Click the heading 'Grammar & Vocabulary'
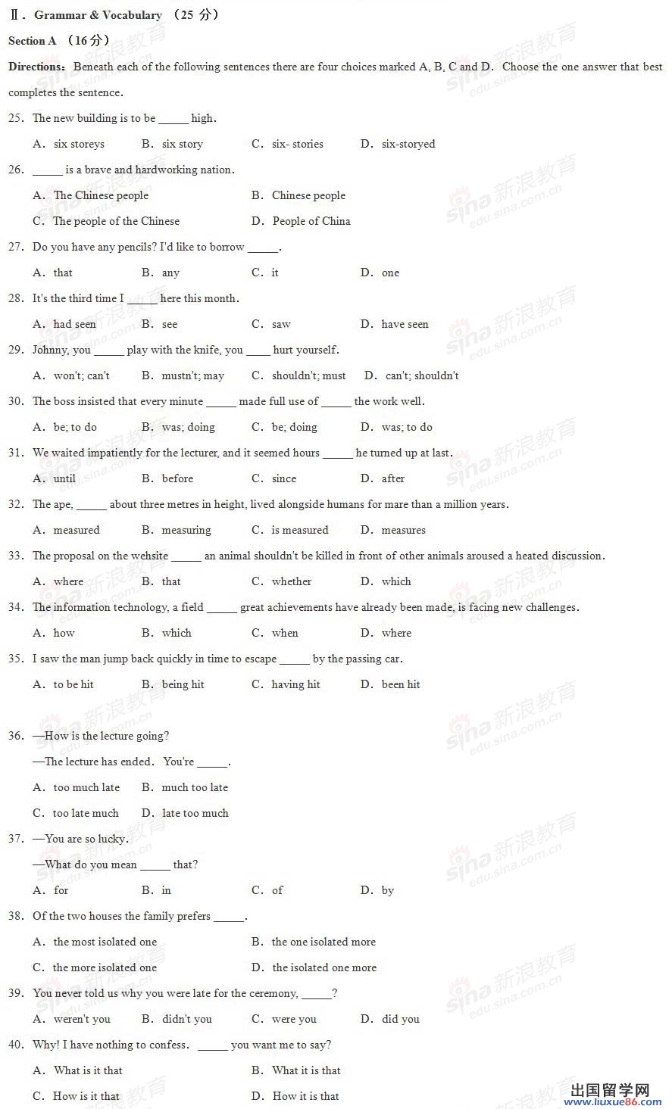98,15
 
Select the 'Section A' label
33,41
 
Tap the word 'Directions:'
37,67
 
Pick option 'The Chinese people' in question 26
101,195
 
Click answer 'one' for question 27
390,273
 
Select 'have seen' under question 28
405,324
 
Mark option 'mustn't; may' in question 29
192,375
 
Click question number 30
16,401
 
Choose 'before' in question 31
177,478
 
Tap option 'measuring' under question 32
186,530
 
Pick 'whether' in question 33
292,581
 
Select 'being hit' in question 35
183,684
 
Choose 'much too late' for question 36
195,787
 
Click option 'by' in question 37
388,890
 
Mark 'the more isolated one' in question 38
105,967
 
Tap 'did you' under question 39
400,1019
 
